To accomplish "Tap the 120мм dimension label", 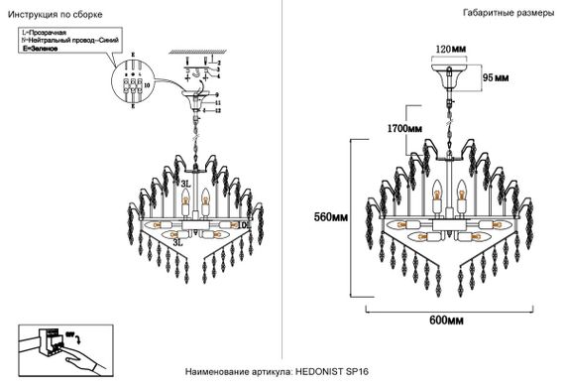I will (x=452, y=48).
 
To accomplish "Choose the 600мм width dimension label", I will (x=449, y=322).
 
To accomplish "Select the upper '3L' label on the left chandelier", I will (x=184, y=183).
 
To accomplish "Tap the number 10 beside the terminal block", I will (x=147, y=86).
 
